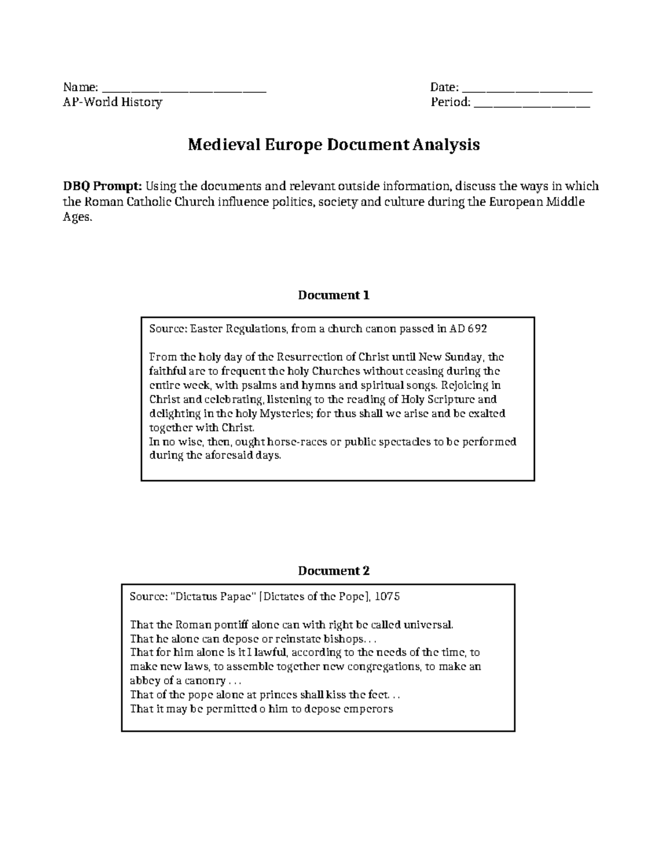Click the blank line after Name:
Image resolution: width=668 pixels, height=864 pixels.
coord(185,89)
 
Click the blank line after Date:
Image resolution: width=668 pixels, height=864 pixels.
coord(527,89)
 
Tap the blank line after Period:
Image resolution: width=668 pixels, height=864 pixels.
coord(532,103)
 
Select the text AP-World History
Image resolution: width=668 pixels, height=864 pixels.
coord(112,102)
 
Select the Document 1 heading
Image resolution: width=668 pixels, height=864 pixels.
coord(333,295)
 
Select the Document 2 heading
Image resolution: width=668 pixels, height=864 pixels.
coord(333,571)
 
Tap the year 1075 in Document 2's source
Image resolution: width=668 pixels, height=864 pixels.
coord(387,596)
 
